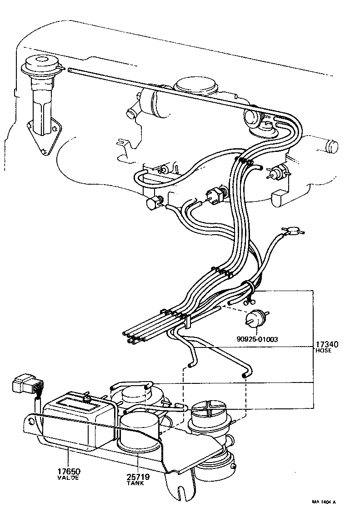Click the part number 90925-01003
tap(257, 339)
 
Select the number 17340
tap(326, 344)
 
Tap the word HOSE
tap(323, 351)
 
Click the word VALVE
tap(68, 478)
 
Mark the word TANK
tap(137, 483)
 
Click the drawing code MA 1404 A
tap(323, 502)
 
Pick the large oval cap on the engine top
tap(196, 85)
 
